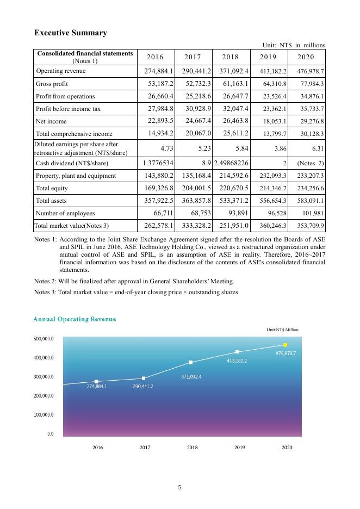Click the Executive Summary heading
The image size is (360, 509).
[71, 33]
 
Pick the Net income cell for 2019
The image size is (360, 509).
[270, 121]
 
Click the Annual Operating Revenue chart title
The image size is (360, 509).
[75, 319]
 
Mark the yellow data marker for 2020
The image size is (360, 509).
[285, 345]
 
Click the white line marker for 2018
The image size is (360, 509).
[190, 362]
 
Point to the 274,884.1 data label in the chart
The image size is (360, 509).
[97, 387]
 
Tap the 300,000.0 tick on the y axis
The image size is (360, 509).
[44, 377]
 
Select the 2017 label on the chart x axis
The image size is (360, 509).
[145, 447]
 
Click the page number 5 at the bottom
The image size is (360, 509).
[179, 487]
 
